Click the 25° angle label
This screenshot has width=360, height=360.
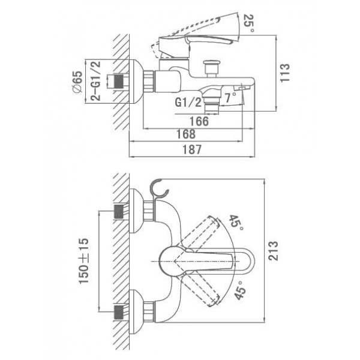click(x=248, y=23)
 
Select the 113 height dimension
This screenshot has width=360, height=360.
click(x=285, y=73)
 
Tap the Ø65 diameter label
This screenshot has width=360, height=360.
click(x=77, y=82)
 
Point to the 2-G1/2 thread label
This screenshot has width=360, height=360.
click(x=96, y=81)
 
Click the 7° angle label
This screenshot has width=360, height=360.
click(x=230, y=98)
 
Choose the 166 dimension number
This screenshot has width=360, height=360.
click(x=199, y=121)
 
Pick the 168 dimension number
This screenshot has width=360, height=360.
click(x=186, y=134)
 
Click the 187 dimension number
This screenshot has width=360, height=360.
click(x=192, y=149)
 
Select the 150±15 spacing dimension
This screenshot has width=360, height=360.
click(x=83, y=261)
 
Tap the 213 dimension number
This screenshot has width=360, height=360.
click(x=273, y=251)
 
